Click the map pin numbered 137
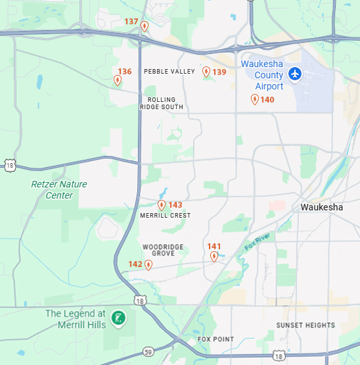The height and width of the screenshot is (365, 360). tap(145, 26)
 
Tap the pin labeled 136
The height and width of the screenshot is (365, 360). tap(118, 80)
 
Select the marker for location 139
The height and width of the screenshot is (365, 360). tap(206, 72)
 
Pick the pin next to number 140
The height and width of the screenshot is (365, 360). tap(255, 99)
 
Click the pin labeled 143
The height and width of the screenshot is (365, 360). tap(162, 205)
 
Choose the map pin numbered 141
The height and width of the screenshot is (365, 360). tap(214, 256)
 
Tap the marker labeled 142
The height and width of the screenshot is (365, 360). tap(148, 265)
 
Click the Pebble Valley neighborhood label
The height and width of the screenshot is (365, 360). tap(169, 72)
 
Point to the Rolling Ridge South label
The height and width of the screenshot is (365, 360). tap(161, 103)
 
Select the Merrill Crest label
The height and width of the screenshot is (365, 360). tap(166, 216)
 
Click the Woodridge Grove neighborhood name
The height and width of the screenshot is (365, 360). tap(164, 250)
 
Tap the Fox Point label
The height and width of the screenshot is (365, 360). tap(215, 339)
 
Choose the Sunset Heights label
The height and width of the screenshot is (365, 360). tap(305, 326)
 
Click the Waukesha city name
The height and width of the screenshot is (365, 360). tap(321, 207)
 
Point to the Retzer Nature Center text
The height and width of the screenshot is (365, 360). tap(59, 190)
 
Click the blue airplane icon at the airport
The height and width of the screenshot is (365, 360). tap(295, 74)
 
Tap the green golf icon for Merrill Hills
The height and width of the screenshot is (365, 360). tap(118, 318)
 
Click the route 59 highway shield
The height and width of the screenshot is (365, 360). tap(149, 352)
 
